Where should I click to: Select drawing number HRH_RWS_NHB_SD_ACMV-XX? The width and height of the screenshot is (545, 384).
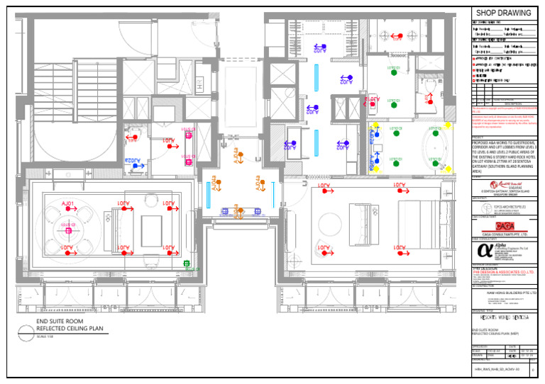(x=497, y=369)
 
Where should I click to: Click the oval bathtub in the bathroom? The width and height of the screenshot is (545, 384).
(x=435, y=149)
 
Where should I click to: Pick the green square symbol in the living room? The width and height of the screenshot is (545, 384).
(x=188, y=265)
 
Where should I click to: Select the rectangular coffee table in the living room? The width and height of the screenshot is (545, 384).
(x=151, y=230)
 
